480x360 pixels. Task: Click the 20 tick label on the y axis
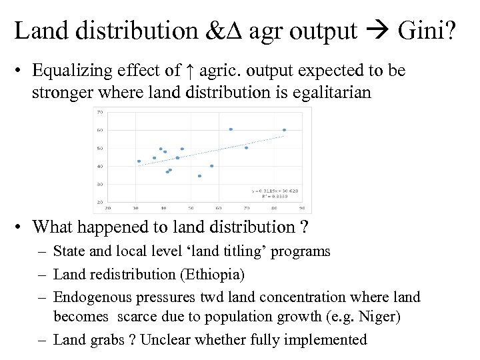tap(99, 202)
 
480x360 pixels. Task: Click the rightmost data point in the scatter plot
tap(284, 130)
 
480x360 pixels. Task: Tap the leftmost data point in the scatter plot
tap(139, 161)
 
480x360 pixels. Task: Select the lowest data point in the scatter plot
tap(199, 176)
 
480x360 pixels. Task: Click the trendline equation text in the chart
tap(269, 191)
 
